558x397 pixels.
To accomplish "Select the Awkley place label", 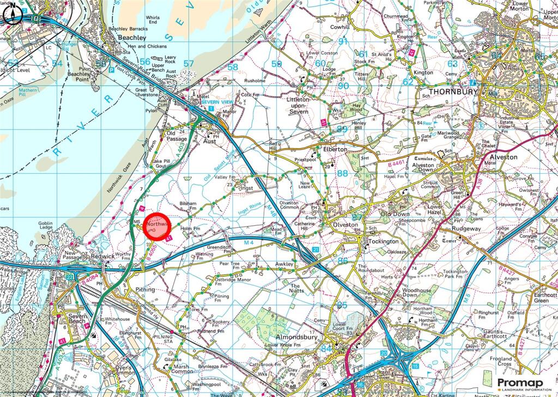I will point(283,265).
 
